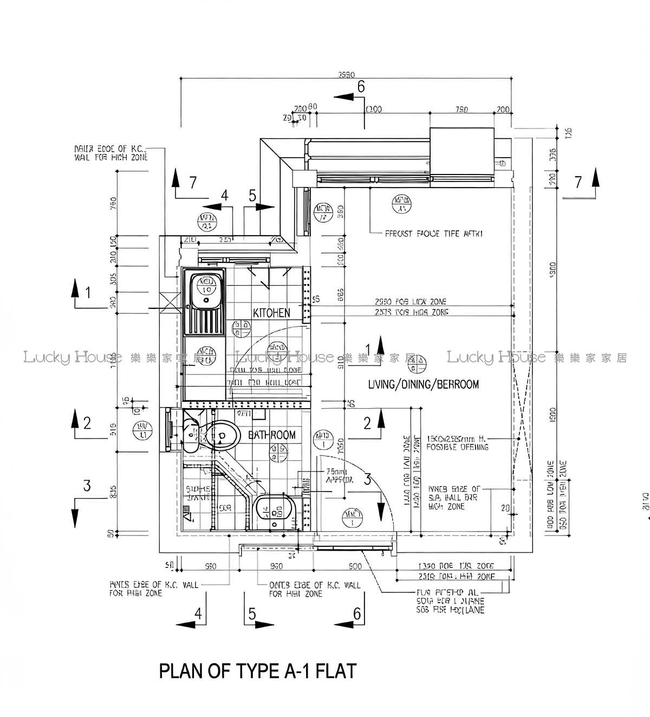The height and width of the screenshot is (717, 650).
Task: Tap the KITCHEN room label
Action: (271, 313)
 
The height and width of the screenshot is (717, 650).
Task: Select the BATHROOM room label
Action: (272, 435)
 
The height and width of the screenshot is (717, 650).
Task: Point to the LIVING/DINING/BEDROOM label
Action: (423, 384)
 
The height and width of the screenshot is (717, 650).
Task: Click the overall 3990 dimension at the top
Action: (346, 75)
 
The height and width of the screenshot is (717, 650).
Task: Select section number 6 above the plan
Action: (361, 87)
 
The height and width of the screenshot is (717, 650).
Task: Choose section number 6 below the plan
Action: (356, 613)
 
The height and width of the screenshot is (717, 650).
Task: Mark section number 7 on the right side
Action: (578, 182)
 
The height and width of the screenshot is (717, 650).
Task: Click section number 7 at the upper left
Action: (193, 183)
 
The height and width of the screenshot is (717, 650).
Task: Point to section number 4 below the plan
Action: (199, 613)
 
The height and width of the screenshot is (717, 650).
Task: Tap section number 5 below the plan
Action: (252, 613)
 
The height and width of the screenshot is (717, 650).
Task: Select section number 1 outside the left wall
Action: (88, 293)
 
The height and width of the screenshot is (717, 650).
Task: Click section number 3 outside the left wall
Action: (87, 486)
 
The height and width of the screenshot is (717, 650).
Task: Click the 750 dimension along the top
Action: (461, 109)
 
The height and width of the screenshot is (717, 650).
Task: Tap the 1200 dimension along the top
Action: (374, 109)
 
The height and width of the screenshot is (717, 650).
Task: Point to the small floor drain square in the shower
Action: (186, 509)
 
